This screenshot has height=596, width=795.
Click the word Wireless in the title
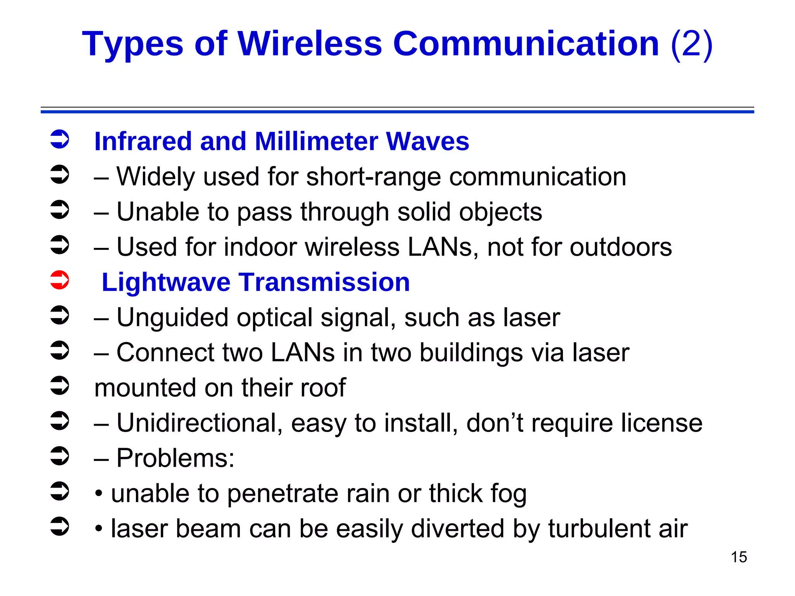(x=310, y=43)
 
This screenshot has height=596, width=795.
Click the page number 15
(x=739, y=557)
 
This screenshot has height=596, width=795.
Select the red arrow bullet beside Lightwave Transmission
(x=60, y=280)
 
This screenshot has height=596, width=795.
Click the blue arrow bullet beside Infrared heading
(x=60, y=139)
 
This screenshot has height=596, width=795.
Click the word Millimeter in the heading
(x=316, y=141)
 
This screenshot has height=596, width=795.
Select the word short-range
(x=373, y=177)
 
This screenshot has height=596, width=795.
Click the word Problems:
(x=175, y=458)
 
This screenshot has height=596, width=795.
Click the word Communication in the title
(x=526, y=43)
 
